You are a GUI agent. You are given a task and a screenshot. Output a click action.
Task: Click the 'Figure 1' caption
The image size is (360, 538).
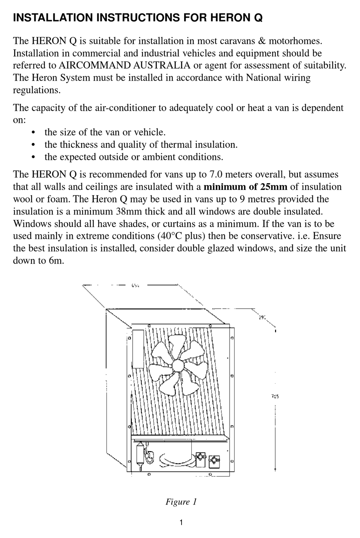coord(181,502)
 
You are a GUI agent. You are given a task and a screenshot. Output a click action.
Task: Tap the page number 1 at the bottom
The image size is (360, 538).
coord(181,522)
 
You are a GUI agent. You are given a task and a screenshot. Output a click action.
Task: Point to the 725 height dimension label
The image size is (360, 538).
coord(275,397)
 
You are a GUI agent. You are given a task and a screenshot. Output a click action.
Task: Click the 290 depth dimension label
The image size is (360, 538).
coord(262,317)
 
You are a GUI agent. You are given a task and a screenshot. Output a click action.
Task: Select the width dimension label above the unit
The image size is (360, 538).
coord(135,285)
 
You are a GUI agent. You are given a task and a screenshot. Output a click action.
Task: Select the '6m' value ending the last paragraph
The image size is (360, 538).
coord(56,261)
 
